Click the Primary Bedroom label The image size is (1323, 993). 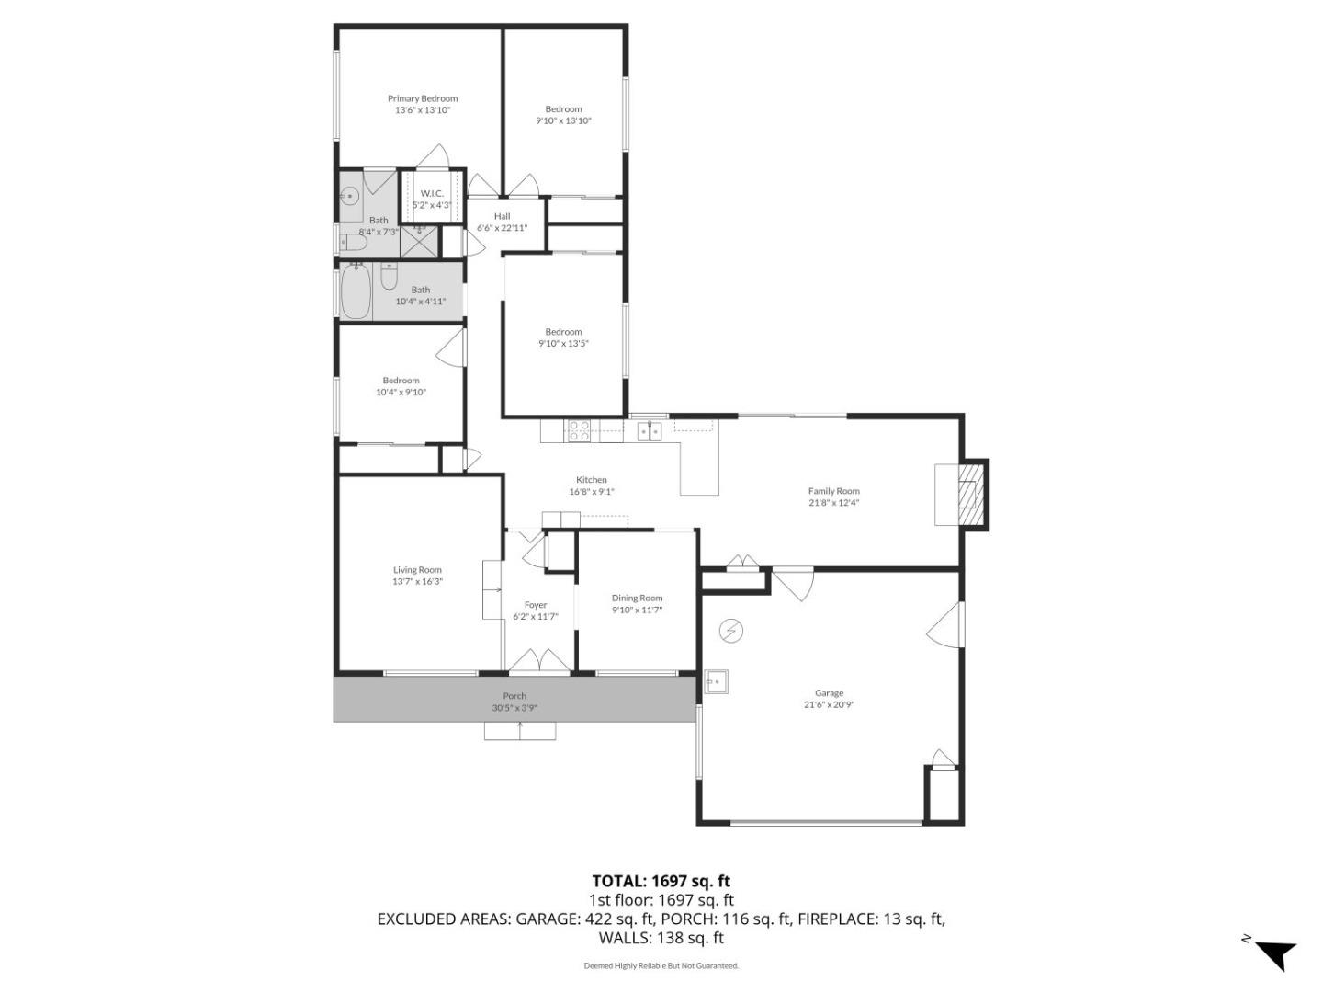point(422,98)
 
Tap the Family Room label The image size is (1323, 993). point(833,491)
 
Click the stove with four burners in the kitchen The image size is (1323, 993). point(579,430)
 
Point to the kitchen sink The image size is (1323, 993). point(650,430)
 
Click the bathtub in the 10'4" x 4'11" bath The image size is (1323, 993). point(356,291)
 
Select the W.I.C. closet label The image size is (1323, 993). point(432,193)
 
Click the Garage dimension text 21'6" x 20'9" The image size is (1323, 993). point(828,705)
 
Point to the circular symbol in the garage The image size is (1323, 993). point(731,631)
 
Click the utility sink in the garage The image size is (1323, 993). point(716,682)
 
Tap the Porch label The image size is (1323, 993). point(514,696)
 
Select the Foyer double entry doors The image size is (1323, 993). point(540,661)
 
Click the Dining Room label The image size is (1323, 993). point(637,598)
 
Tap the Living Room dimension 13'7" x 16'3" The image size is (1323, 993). point(417,581)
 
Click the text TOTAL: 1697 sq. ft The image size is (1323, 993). point(661,882)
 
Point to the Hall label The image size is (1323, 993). point(502,216)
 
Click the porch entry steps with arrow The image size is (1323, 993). point(520,730)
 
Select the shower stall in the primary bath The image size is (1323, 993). point(420,242)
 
